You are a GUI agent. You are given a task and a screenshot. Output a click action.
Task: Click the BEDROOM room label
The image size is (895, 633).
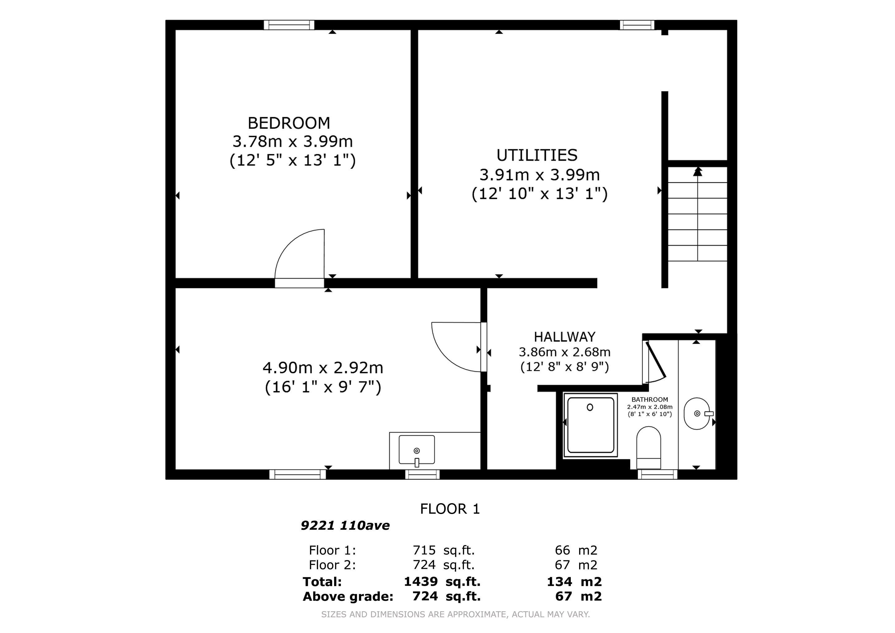click(x=289, y=124)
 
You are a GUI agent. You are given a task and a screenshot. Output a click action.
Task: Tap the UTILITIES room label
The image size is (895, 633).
click(x=537, y=155)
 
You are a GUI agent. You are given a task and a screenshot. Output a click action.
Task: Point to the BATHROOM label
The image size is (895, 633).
click(x=649, y=400)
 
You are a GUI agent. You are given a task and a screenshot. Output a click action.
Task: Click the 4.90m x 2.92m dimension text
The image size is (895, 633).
click(x=323, y=368)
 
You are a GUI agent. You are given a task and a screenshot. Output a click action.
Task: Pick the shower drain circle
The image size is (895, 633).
click(x=590, y=407)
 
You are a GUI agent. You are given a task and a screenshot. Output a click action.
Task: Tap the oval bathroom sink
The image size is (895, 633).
click(x=697, y=414)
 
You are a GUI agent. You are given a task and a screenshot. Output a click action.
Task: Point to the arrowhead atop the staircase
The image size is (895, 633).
click(x=698, y=172)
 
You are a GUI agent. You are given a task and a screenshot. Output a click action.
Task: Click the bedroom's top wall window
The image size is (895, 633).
click(x=289, y=25)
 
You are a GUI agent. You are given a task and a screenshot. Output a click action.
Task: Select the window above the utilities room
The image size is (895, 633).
click(x=637, y=25)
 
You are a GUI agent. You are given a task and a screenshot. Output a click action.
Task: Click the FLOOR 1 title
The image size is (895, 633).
click(x=450, y=509)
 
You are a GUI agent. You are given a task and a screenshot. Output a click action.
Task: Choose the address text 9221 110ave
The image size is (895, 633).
click(x=345, y=526)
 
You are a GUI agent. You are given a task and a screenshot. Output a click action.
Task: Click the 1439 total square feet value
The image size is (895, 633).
click(x=421, y=582)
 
